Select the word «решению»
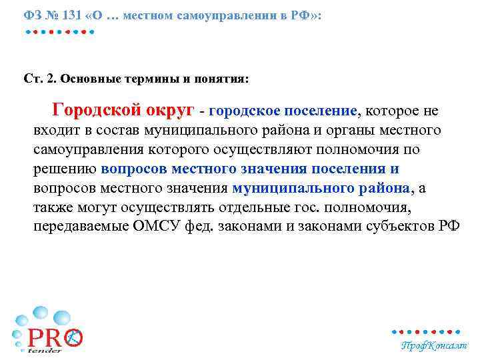coord(65,169)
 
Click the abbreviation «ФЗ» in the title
coord(31,15)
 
